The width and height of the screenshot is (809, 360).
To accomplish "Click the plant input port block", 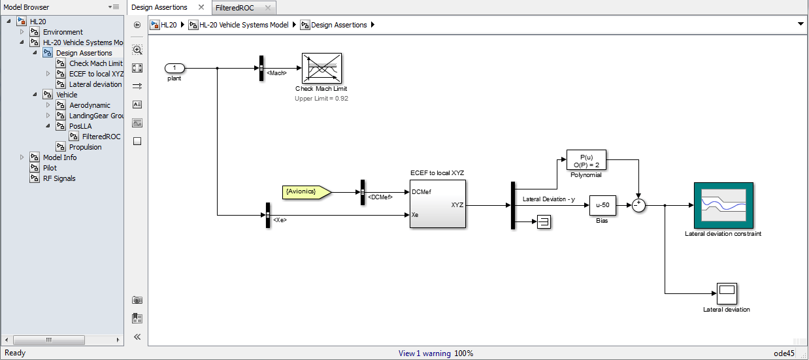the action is pyautogui.click(x=174, y=68).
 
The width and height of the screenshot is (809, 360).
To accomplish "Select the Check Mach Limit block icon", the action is pyautogui.click(x=322, y=68).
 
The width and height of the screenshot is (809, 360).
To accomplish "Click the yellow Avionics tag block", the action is pyautogui.click(x=306, y=192).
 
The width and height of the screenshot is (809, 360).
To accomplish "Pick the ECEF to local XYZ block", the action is pyautogui.click(x=438, y=204).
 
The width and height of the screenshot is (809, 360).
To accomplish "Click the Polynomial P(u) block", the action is pyautogui.click(x=586, y=160).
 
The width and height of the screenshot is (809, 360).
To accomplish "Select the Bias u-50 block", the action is pyautogui.click(x=603, y=205).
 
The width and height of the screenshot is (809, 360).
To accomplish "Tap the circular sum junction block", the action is pyautogui.click(x=638, y=205).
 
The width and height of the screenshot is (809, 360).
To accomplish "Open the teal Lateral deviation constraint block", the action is pyautogui.click(x=723, y=205).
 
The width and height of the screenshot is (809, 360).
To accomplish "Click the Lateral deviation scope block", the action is pyautogui.click(x=727, y=293).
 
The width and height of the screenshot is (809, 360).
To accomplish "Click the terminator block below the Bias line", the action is pyautogui.click(x=544, y=221).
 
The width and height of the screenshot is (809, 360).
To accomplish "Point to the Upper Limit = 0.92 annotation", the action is pyautogui.click(x=322, y=99).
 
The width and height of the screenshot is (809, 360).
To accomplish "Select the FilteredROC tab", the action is pyautogui.click(x=235, y=8).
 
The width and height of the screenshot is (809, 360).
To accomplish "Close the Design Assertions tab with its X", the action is pyautogui.click(x=201, y=7).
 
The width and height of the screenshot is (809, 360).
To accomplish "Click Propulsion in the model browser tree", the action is pyautogui.click(x=85, y=147).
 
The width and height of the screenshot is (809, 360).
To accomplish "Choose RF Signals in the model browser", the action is pyautogui.click(x=59, y=178).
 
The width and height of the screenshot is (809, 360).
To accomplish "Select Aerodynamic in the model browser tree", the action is pyautogui.click(x=90, y=105).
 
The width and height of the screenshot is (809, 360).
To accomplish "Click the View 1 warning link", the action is pyautogui.click(x=424, y=353).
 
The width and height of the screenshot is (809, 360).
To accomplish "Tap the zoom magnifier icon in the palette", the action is pyautogui.click(x=137, y=50).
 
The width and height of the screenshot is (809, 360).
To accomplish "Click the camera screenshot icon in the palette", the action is pyautogui.click(x=137, y=300).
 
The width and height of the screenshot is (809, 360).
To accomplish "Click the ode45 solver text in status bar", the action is pyautogui.click(x=784, y=353).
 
